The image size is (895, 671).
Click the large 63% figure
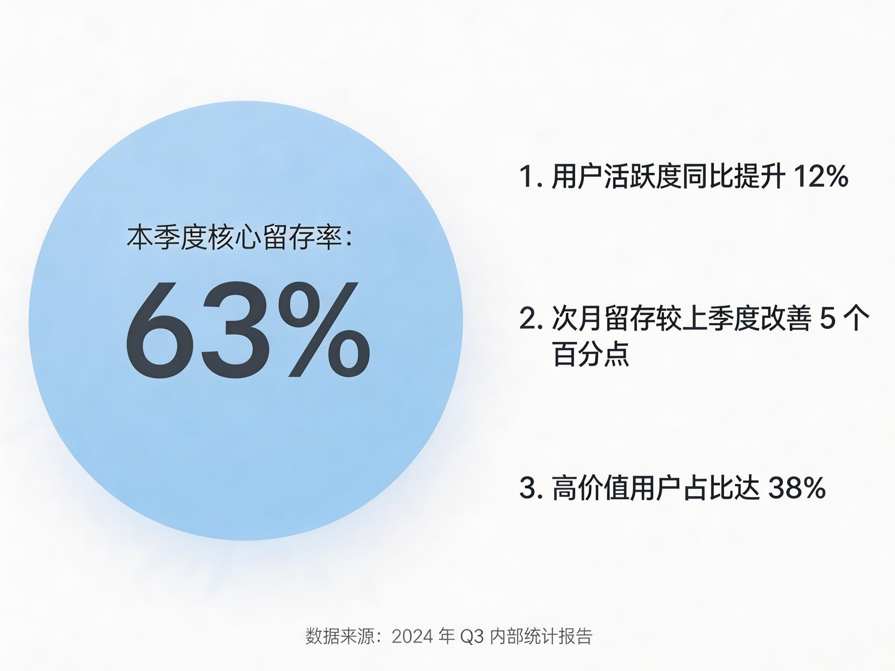pyautogui.click(x=247, y=330)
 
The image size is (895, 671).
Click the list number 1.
pyautogui.click(x=527, y=176)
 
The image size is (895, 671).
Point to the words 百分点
pyautogui.click(x=591, y=354)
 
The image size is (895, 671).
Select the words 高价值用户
pyautogui.click(x=616, y=488)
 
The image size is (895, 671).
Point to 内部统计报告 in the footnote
pyautogui.click(x=541, y=636)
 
